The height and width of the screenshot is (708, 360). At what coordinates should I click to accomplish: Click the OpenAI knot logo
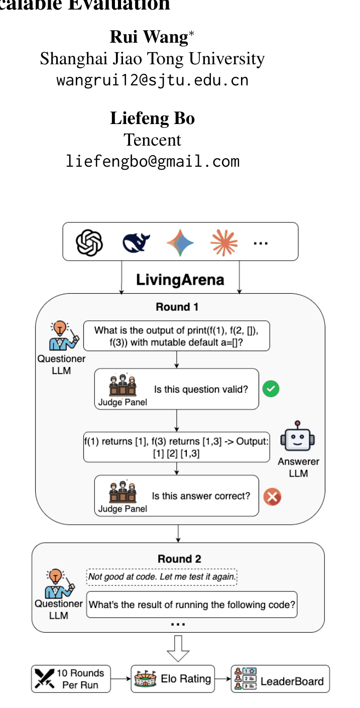point(89,243)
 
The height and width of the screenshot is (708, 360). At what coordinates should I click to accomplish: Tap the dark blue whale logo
point(136,243)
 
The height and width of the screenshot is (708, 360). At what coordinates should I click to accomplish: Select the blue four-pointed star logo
point(180,243)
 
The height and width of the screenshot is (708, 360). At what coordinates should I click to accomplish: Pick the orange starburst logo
point(224,243)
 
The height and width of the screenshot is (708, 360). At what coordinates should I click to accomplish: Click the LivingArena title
point(180,280)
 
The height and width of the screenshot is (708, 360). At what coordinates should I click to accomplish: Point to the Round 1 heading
point(177,307)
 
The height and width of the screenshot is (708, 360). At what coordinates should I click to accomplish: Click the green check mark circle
point(271,389)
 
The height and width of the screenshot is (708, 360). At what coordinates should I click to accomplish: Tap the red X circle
point(273,497)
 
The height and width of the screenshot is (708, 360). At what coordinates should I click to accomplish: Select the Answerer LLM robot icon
point(298,436)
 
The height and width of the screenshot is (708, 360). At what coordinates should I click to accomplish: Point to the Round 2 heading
point(180,559)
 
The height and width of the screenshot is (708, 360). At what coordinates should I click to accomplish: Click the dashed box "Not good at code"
point(162,577)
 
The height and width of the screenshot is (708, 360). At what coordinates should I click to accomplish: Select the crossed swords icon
point(45,678)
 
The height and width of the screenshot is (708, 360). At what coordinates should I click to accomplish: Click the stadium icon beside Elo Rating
point(145,678)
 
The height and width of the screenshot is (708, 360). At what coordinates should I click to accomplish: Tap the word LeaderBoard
point(292,681)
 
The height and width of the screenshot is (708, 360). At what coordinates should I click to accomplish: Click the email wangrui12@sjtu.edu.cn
point(152,80)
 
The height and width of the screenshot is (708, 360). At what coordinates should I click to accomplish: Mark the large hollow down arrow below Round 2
point(178,649)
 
